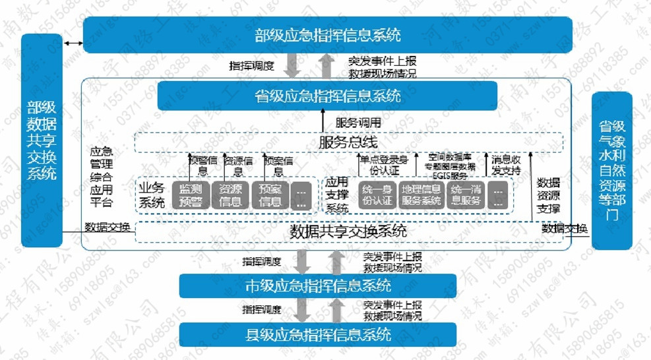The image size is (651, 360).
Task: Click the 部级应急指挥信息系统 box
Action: point(327,35)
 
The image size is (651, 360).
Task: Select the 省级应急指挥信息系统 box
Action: point(327,96)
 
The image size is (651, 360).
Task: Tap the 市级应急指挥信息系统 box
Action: point(318,285)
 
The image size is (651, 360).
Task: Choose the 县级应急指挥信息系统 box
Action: point(318,334)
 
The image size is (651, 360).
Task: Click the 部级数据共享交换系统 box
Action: point(42,140)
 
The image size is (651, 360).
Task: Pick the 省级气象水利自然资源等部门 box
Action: point(611,170)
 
